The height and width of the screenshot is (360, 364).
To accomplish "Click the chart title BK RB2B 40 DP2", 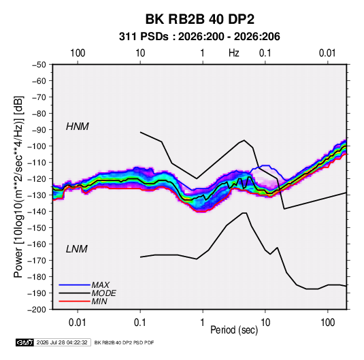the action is pyautogui.click(x=199, y=19).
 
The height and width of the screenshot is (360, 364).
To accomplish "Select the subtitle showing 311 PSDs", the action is pyautogui.click(x=199, y=37).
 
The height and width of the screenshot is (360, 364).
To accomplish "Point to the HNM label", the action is pyautogui.click(x=78, y=127).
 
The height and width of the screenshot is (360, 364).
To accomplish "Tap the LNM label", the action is pyautogui.click(x=77, y=249).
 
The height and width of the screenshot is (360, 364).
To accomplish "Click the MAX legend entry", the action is pyautogui.click(x=100, y=285).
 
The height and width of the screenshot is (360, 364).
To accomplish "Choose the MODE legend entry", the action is pyautogui.click(x=104, y=293).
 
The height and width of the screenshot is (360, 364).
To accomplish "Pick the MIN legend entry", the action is pyautogui.click(x=99, y=301).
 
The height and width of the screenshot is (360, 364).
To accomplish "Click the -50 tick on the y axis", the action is pyautogui.click(x=39, y=65).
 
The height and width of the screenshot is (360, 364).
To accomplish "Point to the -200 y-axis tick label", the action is pyautogui.click(x=37, y=310).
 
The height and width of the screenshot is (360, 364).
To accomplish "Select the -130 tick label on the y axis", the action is pyautogui.click(x=37, y=195).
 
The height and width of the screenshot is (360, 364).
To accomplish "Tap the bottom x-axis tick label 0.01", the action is pyautogui.click(x=78, y=323).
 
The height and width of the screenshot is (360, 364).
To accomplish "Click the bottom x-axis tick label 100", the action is pyautogui.click(x=328, y=323).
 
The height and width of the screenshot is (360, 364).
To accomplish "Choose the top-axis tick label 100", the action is pyautogui.click(x=78, y=53).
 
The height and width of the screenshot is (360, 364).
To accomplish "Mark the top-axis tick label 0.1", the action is pyautogui.click(x=265, y=53).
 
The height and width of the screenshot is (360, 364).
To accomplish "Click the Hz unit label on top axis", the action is pyautogui.click(x=234, y=53).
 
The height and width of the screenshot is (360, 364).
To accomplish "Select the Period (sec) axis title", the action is pyautogui.click(x=234, y=330).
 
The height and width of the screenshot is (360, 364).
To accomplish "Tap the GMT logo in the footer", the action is pyautogui.click(x=25, y=342).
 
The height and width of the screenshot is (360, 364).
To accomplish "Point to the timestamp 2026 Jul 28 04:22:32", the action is pyautogui.click(x=62, y=342).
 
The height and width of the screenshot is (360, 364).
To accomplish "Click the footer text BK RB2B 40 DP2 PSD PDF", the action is pyautogui.click(x=125, y=342).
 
